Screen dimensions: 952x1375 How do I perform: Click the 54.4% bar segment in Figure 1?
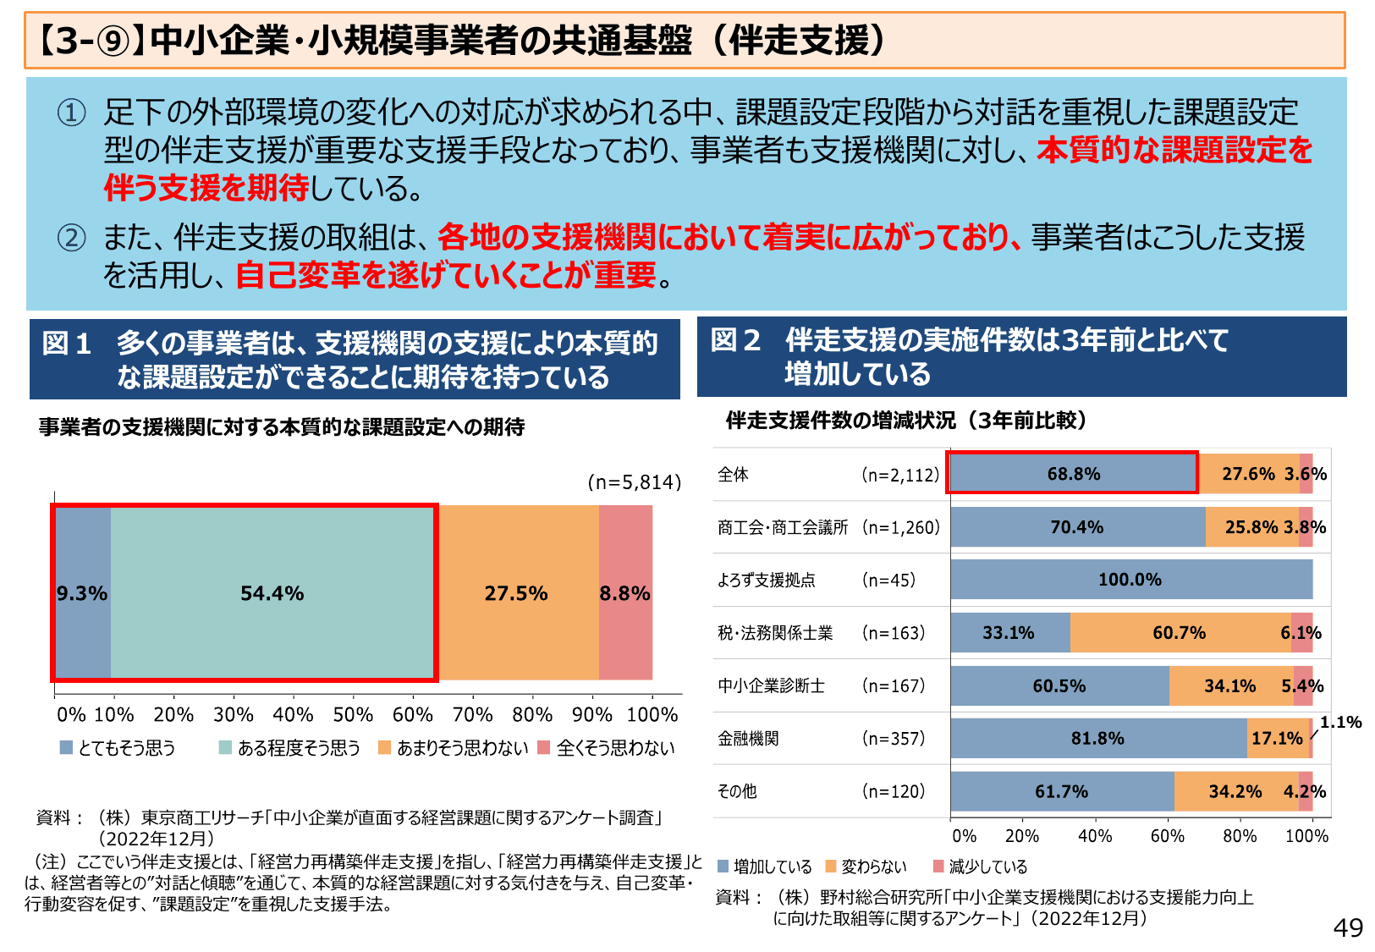(272, 593)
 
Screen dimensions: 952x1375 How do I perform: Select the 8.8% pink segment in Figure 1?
(625, 593)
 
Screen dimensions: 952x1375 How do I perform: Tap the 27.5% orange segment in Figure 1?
(516, 593)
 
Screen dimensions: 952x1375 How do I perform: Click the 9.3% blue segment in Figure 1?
(82, 593)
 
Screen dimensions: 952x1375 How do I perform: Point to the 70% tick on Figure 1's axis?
(472, 715)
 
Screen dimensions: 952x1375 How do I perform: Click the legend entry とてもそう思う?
(118, 748)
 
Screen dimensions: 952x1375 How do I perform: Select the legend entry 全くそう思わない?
(607, 748)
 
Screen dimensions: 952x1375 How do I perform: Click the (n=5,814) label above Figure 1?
(635, 482)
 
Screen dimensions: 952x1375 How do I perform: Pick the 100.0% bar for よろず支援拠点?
(1130, 580)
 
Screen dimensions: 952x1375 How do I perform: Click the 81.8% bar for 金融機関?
(1097, 739)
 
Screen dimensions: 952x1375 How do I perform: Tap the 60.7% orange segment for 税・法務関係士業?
(1179, 633)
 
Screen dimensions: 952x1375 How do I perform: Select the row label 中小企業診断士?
(771, 685)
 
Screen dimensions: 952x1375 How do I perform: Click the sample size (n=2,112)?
(900, 475)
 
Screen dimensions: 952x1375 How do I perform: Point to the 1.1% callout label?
(1341, 722)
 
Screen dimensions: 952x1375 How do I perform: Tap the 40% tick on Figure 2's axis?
(1095, 836)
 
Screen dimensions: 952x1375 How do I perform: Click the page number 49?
(1348, 928)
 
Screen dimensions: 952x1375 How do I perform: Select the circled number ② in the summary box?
(71, 238)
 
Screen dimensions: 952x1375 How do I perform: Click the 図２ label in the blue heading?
(735, 340)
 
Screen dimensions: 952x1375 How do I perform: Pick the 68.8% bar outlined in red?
(1073, 474)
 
